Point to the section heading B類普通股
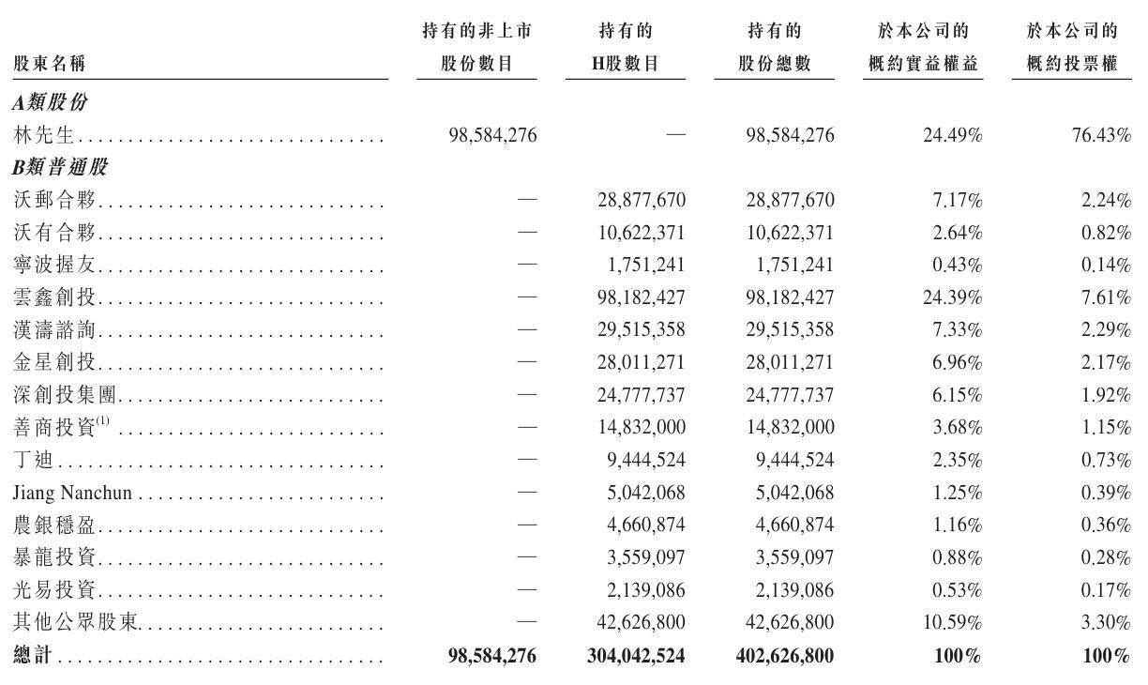click(x=60, y=168)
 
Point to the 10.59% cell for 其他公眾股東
click(x=952, y=623)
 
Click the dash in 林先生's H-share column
click(x=674, y=135)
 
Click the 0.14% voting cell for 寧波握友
click(x=1108, y=266)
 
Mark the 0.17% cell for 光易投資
click(x=1108, y=590)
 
